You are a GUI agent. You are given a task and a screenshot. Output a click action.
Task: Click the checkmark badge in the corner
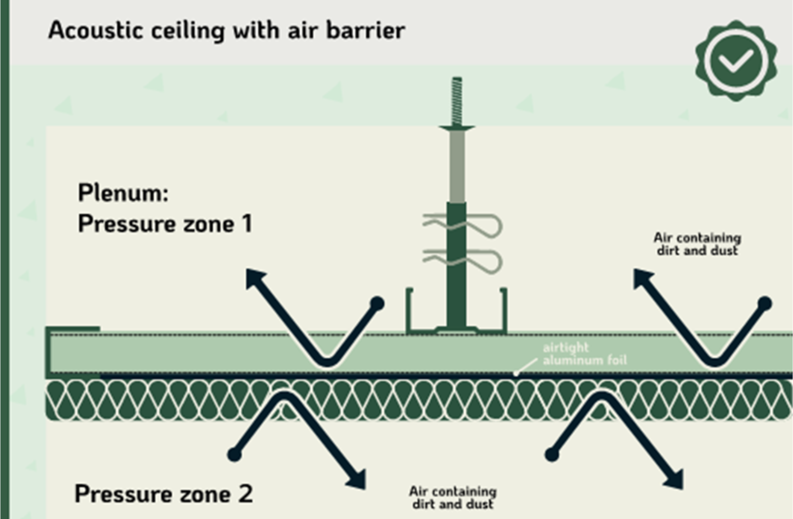pos(736,61)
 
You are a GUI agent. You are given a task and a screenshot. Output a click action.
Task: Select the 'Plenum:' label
pos(123,193)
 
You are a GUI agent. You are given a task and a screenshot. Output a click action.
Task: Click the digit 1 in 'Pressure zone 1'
pos(247,223)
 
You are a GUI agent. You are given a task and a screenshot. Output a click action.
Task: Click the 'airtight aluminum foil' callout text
pos(584,354)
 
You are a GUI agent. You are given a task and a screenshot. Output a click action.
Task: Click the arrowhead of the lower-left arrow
pos(357,480)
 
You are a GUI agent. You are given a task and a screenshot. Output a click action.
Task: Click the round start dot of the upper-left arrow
pos(377,304)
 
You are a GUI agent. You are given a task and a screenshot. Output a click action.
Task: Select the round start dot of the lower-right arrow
pos(552,454)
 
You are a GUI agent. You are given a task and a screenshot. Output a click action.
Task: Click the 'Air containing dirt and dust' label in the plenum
pos(697,244)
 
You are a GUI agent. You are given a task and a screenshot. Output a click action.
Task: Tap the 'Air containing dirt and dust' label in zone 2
pos(453,498)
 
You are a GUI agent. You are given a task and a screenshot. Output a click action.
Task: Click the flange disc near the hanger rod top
pos(457,127)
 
